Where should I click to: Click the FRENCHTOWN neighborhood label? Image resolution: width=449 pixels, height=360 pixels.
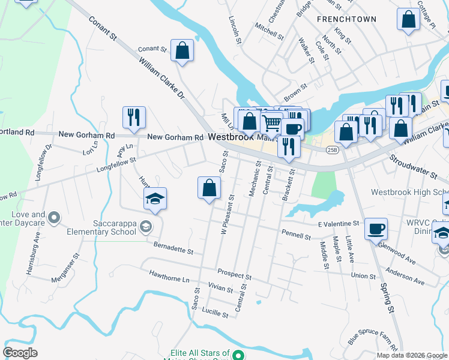(x=346, y=19)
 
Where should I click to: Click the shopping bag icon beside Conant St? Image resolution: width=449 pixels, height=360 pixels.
(x=182, y=52)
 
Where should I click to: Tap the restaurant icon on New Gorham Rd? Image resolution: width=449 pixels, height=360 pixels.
(x=134, y=118)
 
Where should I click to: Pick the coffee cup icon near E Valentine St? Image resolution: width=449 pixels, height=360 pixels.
(x=376, y=229)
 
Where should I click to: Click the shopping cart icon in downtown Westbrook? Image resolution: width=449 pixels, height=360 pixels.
(x=272, y=123)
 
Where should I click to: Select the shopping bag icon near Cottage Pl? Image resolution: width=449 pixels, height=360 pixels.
(x=408, y=19)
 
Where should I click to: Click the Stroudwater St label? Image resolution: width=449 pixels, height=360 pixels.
(x=412, y=168)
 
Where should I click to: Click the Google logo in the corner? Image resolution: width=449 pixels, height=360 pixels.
(x=20, y=353)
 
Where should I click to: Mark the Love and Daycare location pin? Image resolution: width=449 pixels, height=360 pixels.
(x=54, y=217)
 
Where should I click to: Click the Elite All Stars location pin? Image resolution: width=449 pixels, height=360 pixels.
(x=238, y=354)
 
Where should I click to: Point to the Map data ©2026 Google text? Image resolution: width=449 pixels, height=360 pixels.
(x=412, y=355)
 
